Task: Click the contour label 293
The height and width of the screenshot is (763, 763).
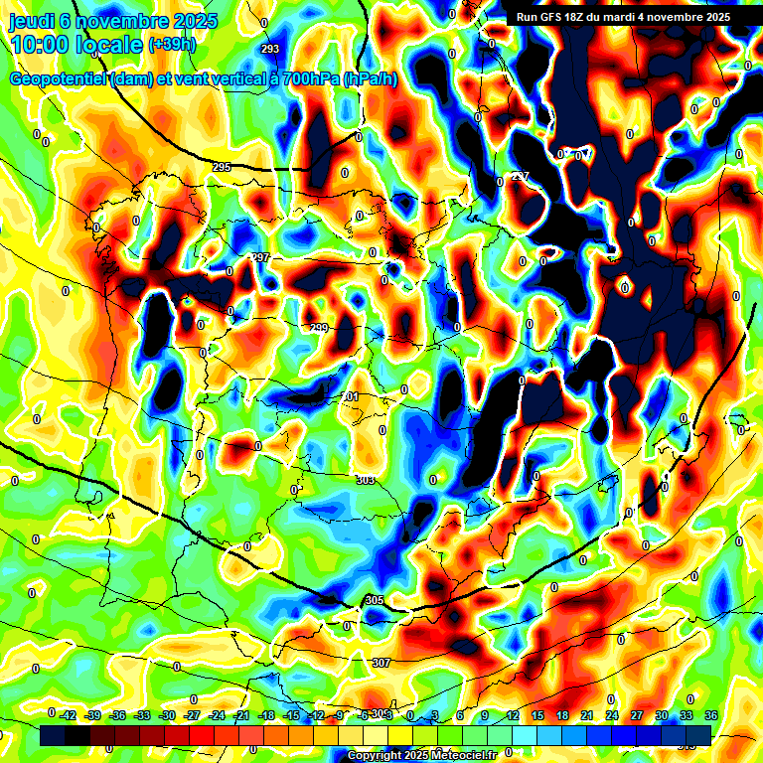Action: click(270, 49)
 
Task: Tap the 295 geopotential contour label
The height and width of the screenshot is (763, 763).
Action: click(222, 167)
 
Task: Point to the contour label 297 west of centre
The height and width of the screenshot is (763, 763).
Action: click(260, 257)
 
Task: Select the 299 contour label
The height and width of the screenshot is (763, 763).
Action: click(319, 328)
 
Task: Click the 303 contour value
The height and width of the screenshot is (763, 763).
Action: click(365, 480)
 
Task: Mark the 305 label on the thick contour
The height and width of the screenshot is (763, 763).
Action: click(374, 600)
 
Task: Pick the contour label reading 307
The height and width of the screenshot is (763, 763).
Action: click(381, 662)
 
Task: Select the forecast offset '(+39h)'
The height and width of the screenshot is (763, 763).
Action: click(172, 45)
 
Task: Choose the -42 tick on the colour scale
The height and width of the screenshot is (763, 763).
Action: click(68, 714)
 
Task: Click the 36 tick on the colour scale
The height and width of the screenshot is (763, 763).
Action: click(711, 714)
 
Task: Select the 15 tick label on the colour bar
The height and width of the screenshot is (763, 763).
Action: click(537, 714)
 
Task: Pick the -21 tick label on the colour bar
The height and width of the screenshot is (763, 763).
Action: click(241, 714)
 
